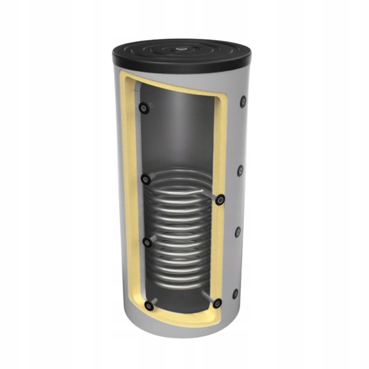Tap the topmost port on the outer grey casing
243,101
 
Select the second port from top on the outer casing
241,171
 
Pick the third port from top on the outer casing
238,232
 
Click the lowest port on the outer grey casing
235,294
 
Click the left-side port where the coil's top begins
146,179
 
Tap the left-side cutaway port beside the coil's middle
147,242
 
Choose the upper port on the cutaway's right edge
220,200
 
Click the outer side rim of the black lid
180,68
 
